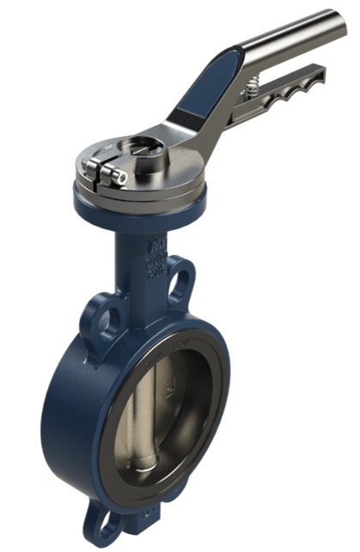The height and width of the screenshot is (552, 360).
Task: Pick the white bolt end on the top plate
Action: [120, 177]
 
